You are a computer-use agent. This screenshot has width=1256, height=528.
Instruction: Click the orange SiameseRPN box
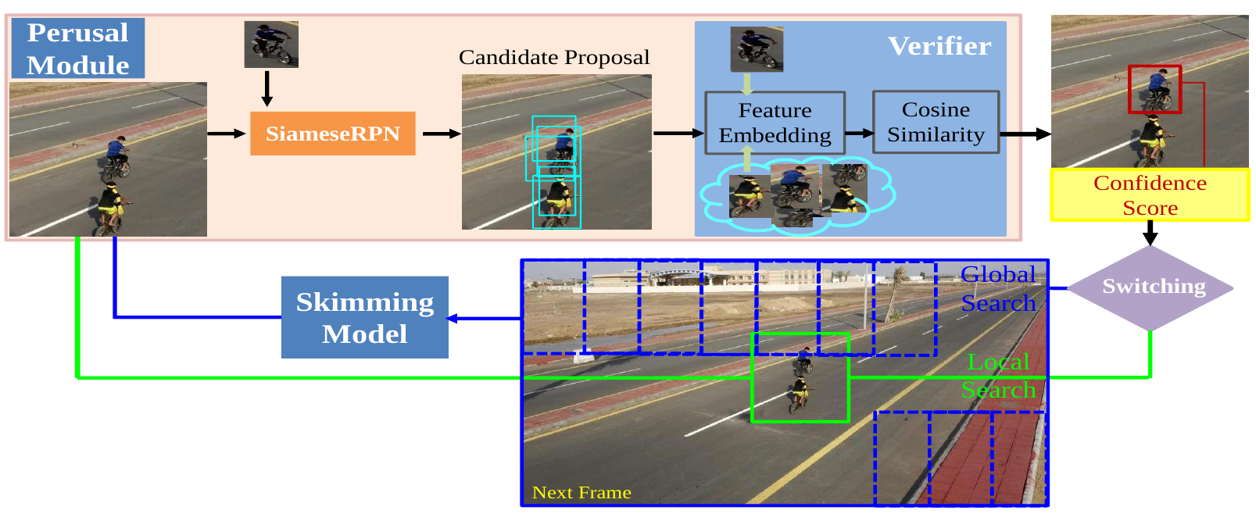coord(332,134)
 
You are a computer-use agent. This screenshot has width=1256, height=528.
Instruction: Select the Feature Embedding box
coord(775,123)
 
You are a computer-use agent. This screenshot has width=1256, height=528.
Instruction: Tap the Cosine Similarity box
coord(936,122)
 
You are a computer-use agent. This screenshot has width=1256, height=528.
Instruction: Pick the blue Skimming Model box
coord(364,317)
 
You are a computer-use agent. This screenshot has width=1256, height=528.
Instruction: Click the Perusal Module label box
coord(77,48)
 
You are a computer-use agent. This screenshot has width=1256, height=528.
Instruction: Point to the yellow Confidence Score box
coord(1150,195)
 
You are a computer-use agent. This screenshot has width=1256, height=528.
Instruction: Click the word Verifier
coord(939,46)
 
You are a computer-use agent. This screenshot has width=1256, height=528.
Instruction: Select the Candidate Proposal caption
coord(553,58)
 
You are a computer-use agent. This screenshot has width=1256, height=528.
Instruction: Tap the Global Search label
coord(998,288)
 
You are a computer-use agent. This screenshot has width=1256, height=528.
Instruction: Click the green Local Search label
coord(998,376)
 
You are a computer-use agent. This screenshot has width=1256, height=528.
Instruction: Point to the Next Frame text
coord(581,493)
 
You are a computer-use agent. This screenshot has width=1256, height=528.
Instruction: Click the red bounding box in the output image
coord(1154,89)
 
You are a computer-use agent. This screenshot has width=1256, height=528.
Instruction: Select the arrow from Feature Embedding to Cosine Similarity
coord(859,133)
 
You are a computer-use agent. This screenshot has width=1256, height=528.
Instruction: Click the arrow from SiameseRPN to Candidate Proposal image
coord(442,134)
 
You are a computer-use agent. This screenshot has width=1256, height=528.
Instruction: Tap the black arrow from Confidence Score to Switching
coord(1150,233)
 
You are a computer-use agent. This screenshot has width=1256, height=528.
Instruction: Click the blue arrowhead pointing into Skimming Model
coord(453,318)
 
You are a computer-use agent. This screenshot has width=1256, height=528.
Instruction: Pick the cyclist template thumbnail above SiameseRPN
coord(271,44)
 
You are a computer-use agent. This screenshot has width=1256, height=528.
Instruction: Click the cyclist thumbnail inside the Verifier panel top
coord(757,48)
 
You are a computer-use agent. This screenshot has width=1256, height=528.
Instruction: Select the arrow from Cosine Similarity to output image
coord(1025,134)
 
